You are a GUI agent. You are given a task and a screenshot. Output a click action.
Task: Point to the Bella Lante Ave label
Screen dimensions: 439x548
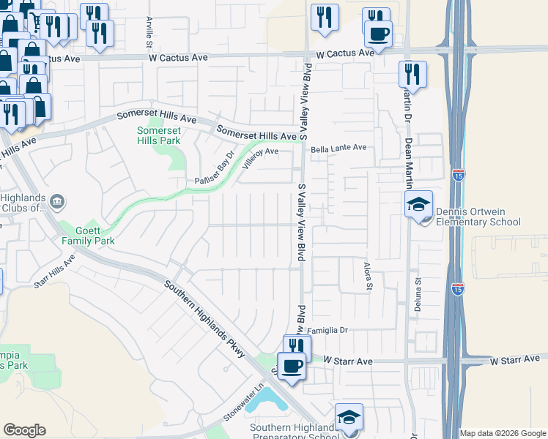click(338, 148)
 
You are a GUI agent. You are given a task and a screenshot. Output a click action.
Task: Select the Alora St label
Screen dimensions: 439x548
click(369, 274)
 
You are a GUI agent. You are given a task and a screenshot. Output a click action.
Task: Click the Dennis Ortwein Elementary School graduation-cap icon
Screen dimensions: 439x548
click(419, 204)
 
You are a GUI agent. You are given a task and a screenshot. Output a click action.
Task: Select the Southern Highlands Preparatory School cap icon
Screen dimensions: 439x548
click(349, 417)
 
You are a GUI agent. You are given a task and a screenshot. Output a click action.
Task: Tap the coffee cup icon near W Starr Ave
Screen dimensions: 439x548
click(293, 365)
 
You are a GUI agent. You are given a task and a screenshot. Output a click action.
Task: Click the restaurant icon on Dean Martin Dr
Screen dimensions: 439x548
click(412, 73)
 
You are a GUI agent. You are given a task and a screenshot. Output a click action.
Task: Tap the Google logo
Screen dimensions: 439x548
click(24, 430)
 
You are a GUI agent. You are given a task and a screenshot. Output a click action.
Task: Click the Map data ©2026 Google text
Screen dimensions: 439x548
click(503, 433)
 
